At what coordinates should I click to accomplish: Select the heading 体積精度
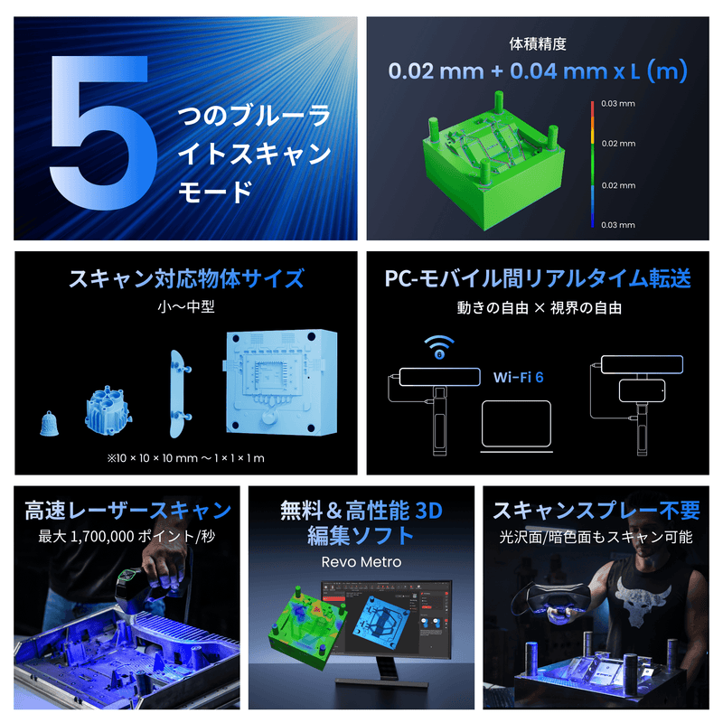537,42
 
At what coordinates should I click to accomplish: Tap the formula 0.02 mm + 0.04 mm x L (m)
537,71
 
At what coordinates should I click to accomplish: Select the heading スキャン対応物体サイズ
186,277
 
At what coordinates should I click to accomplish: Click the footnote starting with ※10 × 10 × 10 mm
185,457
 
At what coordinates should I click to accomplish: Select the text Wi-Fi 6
518,376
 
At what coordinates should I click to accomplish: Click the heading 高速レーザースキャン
127,511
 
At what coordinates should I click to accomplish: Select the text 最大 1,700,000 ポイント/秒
127,537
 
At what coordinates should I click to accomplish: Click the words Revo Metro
361,562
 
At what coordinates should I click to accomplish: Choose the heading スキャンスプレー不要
596,511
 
